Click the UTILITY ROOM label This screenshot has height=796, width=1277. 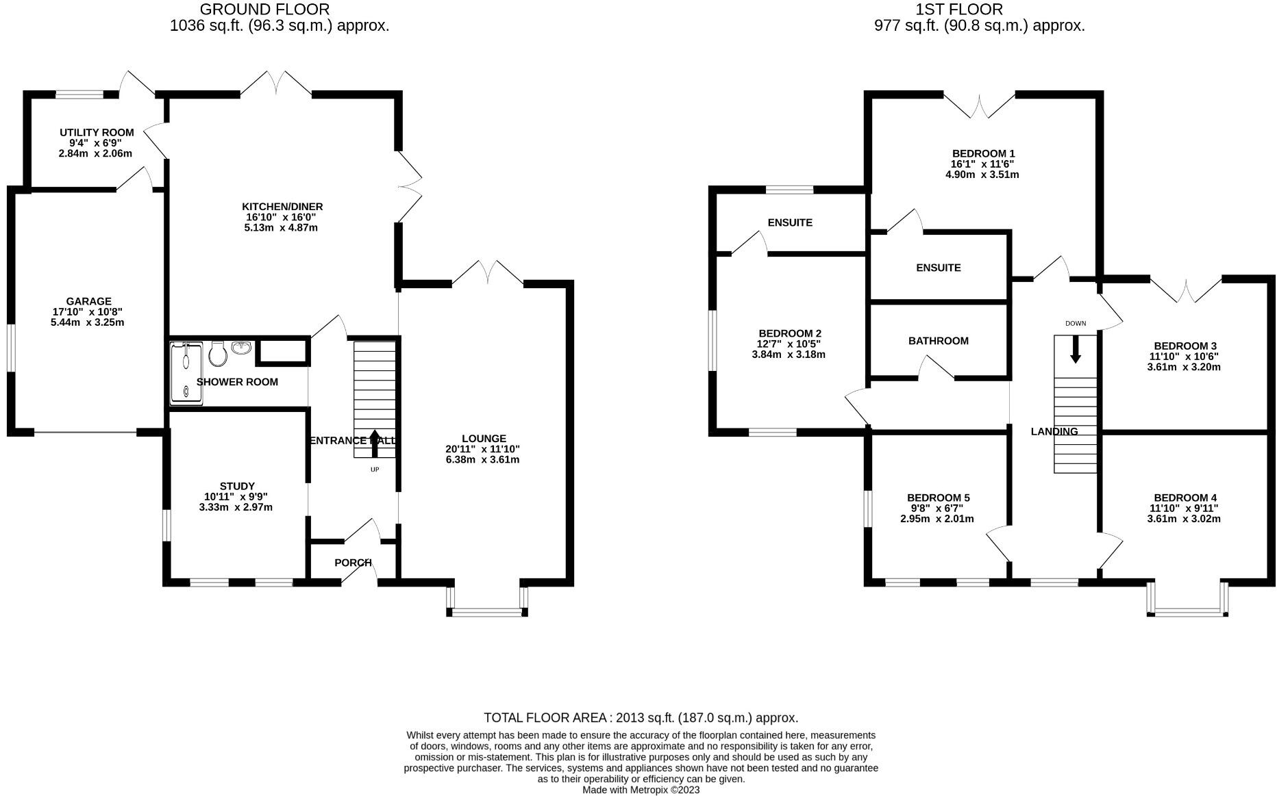97,132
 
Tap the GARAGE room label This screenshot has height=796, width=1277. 88,301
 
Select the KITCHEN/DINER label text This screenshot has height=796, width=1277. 282,207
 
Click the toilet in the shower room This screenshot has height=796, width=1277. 218,354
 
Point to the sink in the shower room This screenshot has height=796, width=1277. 241,348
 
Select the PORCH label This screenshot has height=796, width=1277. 353,563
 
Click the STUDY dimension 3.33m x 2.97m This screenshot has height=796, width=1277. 236,507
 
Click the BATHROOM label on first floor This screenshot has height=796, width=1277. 938,341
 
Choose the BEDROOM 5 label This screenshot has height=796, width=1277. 938,498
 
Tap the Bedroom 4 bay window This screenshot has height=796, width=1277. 1187,611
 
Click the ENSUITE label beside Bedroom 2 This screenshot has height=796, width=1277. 790,222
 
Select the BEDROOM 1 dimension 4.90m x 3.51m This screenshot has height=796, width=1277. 982,175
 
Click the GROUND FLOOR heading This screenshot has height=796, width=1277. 264,10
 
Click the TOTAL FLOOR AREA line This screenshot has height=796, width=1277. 641,718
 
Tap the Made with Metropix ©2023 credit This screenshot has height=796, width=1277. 641,790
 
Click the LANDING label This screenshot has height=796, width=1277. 1054,431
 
